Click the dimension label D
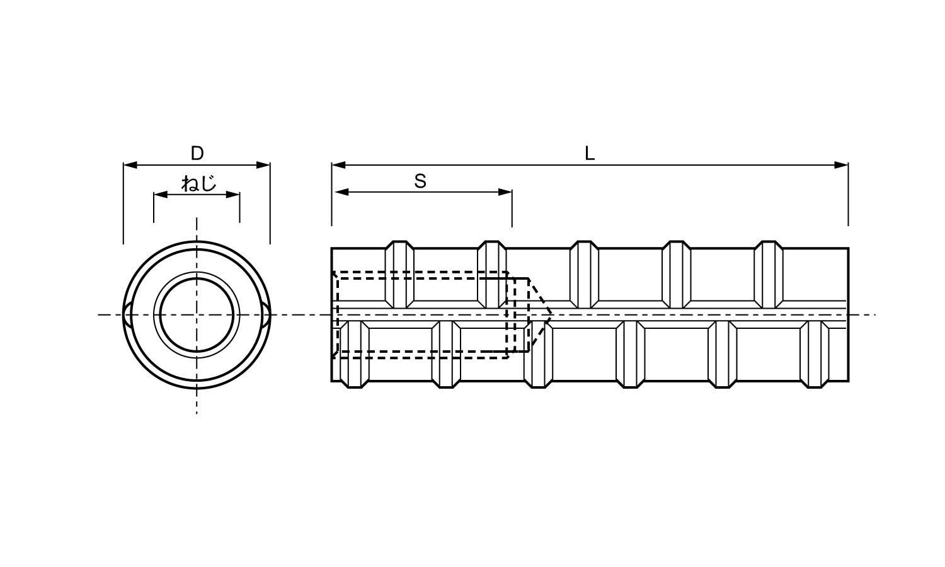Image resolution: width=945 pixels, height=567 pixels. tap(197, 153)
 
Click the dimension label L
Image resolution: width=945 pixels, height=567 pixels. tap(590, 154)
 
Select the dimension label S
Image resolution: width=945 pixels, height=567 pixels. tap(420, 181)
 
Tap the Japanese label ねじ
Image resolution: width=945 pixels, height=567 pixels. tap(198, 183)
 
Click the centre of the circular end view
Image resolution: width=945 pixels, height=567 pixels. tap(197, 314)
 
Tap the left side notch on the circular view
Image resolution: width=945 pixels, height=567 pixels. tap(128, 314)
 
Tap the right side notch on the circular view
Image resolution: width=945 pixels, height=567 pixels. tap(266, 314)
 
